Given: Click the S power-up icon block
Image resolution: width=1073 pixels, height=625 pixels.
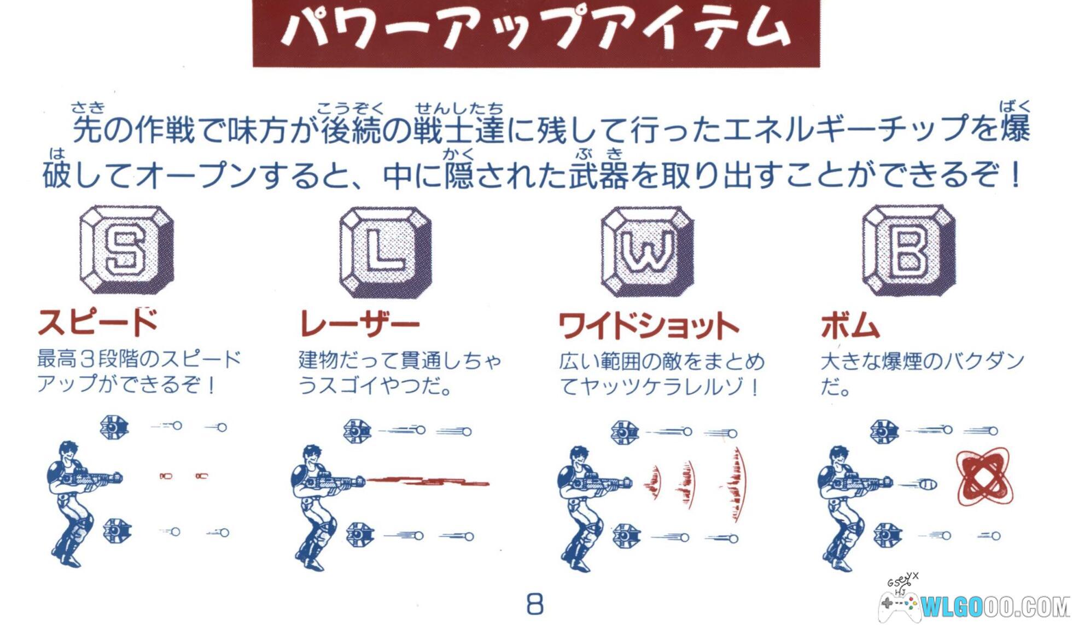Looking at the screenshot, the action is pos(127,250).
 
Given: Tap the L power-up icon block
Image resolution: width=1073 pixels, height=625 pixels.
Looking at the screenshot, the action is pos(386,252).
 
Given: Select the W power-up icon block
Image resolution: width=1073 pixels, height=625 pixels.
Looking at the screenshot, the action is pos(648,252).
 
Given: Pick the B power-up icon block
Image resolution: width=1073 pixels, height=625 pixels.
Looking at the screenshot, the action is pos(909,250).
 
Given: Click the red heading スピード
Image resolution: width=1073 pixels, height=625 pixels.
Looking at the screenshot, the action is pos(98,322).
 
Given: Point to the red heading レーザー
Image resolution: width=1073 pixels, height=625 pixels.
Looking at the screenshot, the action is pos(360,324).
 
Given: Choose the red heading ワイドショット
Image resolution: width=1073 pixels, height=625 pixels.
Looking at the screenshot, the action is pos(649,326).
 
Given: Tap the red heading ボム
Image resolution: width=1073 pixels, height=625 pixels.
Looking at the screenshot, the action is pos(850,326).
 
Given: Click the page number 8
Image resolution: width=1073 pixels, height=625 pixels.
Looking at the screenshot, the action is pos(535,604).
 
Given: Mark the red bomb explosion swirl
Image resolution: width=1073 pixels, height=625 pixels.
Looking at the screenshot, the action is pos(984,475).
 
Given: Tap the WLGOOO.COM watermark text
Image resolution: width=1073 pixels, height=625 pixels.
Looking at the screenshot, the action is pos(996,606).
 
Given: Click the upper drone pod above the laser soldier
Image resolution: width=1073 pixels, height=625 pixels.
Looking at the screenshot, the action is pos(357,431).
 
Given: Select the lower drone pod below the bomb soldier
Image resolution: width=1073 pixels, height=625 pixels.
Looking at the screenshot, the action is pos(888,535).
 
